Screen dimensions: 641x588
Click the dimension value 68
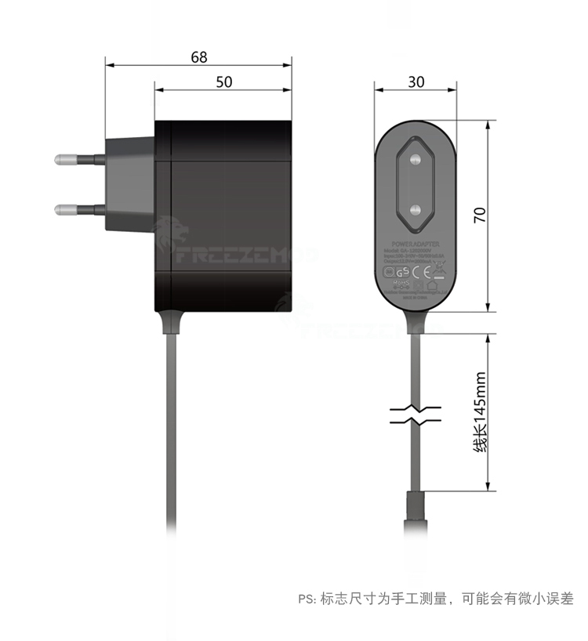click(x=198, y=57)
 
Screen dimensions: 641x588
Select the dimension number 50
click(x=224, y=82)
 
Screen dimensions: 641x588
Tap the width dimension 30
click(x=416, y=82)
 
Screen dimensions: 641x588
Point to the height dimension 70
click(x=481, y=215)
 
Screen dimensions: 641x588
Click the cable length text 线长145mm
click(x=481, y=411)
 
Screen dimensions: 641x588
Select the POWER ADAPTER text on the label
click(x=416, y=244)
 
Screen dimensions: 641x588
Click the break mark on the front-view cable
click(x=416, y=415)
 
